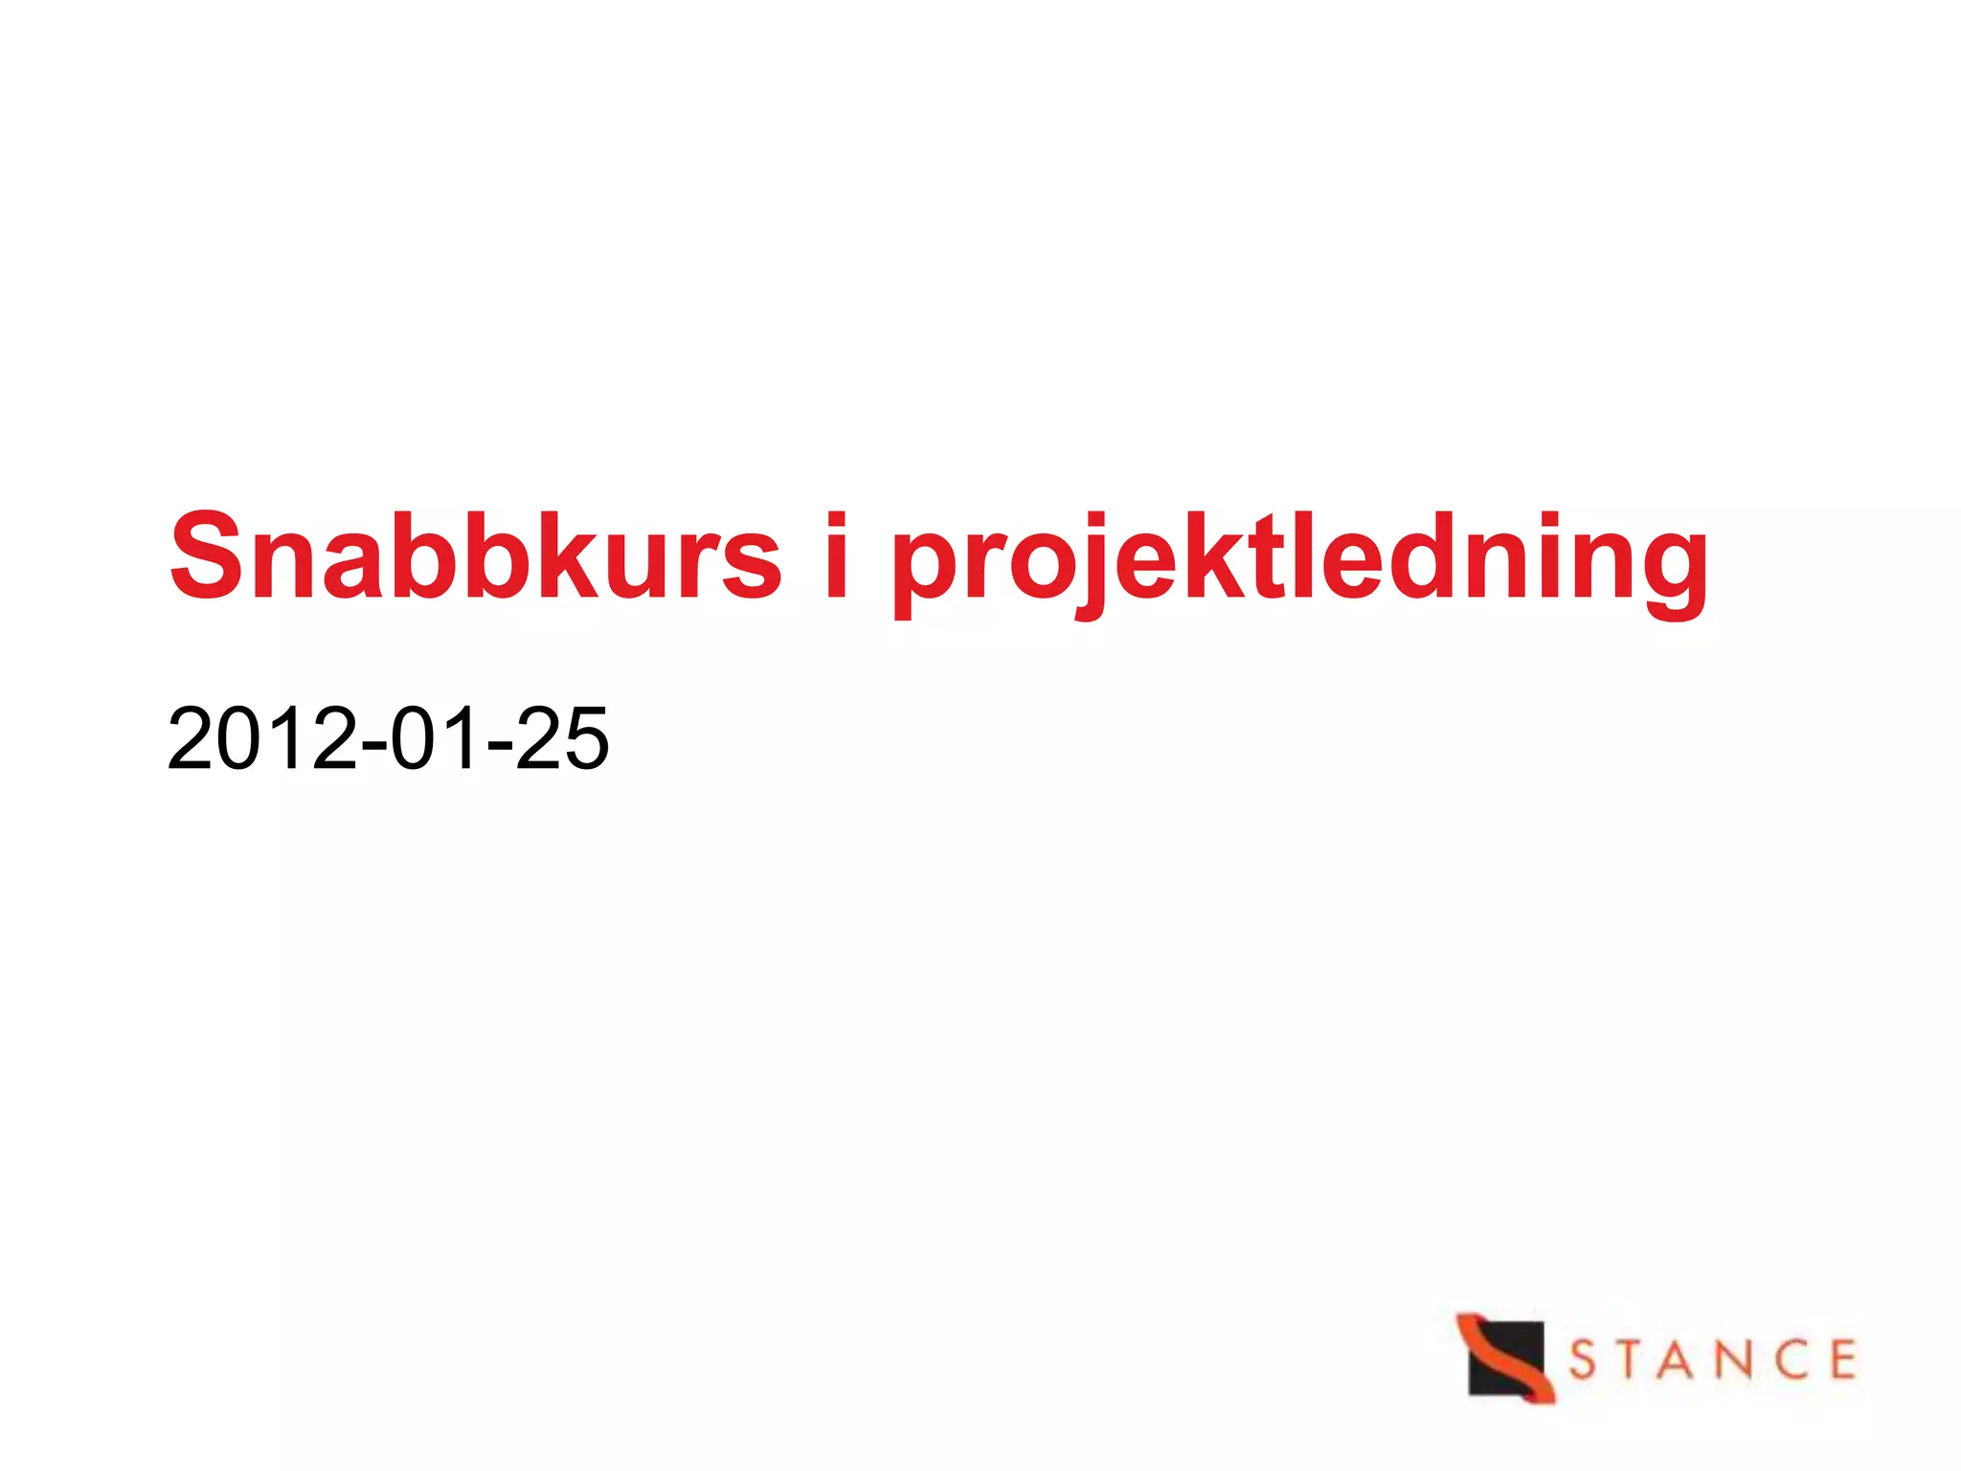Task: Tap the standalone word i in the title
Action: pos(836,557)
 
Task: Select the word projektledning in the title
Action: pos(1299,565)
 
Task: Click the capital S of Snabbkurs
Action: pos(205,557)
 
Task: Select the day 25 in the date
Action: pos(562,738)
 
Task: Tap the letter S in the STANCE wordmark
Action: pos(1584,1360)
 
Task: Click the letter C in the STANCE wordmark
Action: pos(1788,1360)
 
